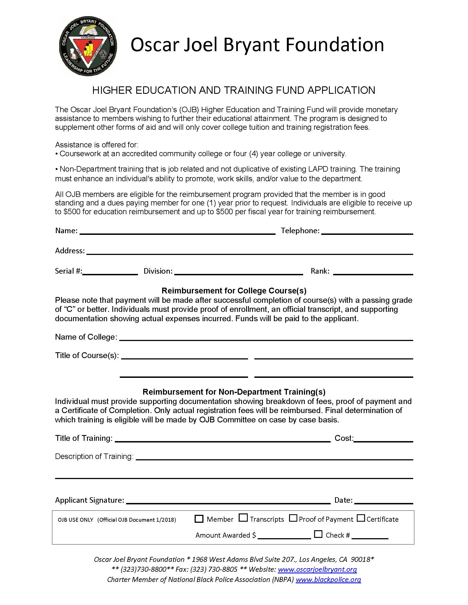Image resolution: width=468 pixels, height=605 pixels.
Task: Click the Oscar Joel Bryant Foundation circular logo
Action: click(x=88, y=46)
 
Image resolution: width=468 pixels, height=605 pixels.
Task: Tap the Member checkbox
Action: click(x=199, y=519)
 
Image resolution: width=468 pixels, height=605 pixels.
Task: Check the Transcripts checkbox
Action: click(x=243, y=518)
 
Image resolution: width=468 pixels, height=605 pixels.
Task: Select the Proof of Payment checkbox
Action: click(x=293, y=518)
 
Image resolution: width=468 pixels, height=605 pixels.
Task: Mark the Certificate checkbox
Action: click(x=361, y=518)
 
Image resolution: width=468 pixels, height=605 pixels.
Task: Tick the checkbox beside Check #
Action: click(x=318, y=534)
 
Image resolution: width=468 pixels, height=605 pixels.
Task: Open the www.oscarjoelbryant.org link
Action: click(x=317, y=569)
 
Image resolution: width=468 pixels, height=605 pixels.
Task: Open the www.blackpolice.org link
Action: click(x=328, y=579)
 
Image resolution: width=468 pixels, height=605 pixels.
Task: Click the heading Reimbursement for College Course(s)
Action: click(x=234, y=291)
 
